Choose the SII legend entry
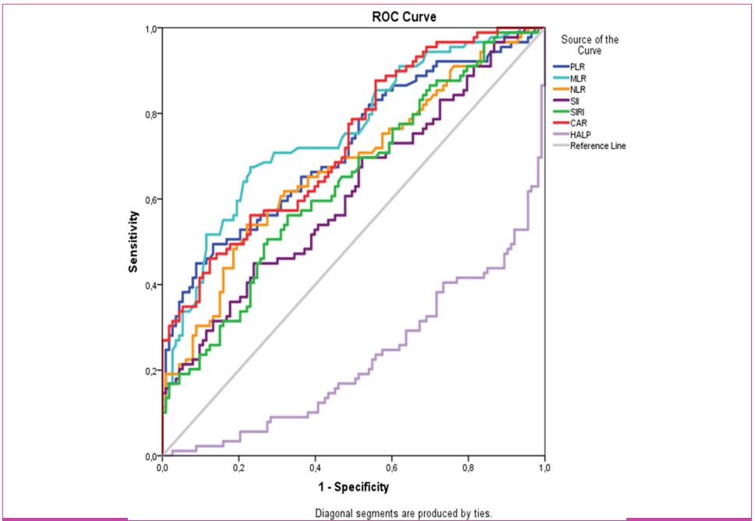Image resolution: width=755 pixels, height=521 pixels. pyautogui.click(x=574, y=101)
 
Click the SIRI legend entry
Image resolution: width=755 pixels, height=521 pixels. pyautogui.click(x=577, y=112)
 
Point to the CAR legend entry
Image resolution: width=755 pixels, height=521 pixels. pyautogui.click(x=578, y=123)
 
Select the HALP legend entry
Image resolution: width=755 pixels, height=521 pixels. pyautogui.click(x=580, y=134)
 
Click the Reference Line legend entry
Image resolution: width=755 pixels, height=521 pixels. pyautogui.click(x=597, y=146)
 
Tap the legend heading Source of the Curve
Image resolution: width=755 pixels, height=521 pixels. pyautogui.click(x=589, y=44)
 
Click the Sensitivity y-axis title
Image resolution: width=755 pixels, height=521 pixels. pyautogui.click(x=134, y=242)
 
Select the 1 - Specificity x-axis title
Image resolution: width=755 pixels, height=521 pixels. pyautogui.click(x=353, y=487)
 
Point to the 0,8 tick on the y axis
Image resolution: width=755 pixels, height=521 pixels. pyautogui.click(x=150, y=114)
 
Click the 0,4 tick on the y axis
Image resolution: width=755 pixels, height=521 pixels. pyautogui.click(x=150, y=285)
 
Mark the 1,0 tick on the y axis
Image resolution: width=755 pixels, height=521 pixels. pyautogui.click(x=150, y=29)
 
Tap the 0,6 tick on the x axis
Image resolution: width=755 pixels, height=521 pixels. pyautogui.click(x=391, y=468)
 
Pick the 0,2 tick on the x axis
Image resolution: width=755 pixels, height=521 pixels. pyautogui.click(x=238, y=468)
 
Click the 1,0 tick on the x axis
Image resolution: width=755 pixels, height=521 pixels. pyautogui.click(x=544, y=468)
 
